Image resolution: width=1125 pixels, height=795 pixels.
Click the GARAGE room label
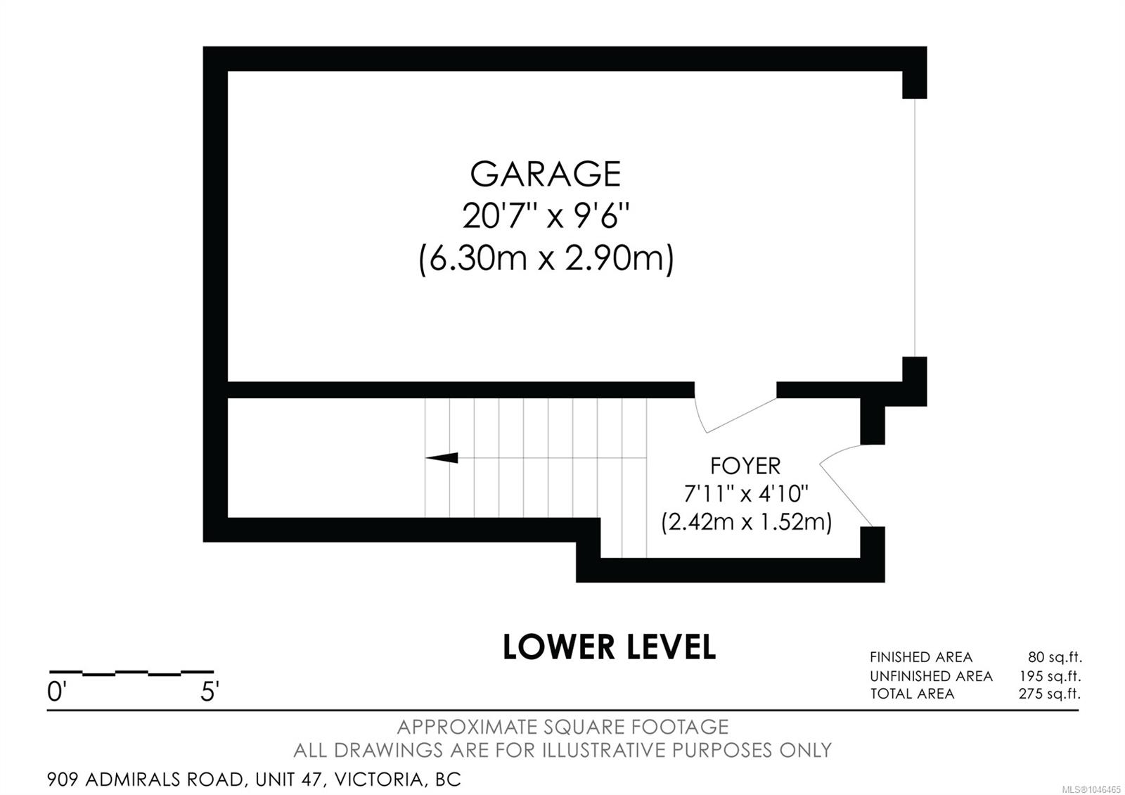point(546,174)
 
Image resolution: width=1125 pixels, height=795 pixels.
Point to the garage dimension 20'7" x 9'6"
point(546,216)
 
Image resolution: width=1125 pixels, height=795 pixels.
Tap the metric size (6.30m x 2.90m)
point(546,260)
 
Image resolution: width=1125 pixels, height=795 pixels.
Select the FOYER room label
point(745,466)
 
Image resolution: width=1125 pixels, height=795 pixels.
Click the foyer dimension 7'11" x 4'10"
point(746,494)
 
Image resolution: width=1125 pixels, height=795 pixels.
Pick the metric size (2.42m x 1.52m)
point(746,521)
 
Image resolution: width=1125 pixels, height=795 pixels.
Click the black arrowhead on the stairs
point(442,458)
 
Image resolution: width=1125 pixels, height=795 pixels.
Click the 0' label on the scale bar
point(56,692)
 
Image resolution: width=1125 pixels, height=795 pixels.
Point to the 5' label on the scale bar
point(210,692)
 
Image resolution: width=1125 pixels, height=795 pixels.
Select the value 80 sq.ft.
point(1055,657)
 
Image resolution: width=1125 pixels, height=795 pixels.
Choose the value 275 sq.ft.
point(1050,694)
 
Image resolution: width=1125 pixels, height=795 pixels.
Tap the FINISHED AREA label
point(921,657)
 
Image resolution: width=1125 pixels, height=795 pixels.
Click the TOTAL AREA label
point(912,694)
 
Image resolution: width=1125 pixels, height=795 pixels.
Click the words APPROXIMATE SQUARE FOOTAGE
point(562,727)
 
